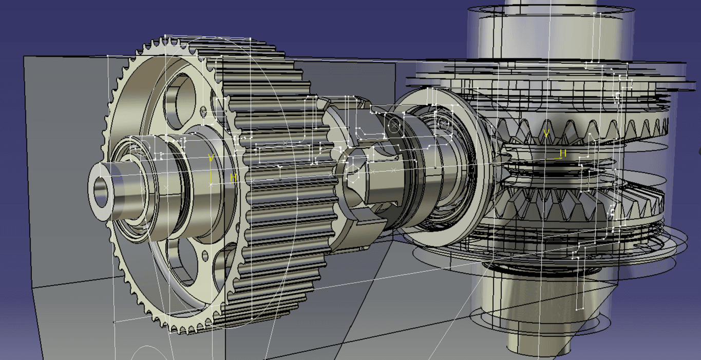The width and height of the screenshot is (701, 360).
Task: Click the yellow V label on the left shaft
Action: click(x=211, y=158)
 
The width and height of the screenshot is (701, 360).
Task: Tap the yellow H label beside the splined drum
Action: click(x=233, y=178)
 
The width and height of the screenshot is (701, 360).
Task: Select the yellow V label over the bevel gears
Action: click(x=546, y=134)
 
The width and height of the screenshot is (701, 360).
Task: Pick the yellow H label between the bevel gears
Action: click(x=563, y=153)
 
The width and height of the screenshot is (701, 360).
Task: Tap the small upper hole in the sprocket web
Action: click(x=203, y=110)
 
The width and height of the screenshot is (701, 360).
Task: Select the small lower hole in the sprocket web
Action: click(x=205, y=256)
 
